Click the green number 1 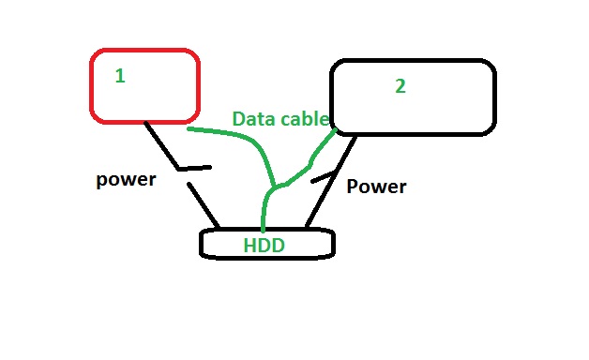120,76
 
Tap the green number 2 400,86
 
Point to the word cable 305,119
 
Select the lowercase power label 126,180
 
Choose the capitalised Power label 376,187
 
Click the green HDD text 264,246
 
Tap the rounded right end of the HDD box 333,243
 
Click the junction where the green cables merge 276,187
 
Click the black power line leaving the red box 161,145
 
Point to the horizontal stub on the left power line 194,169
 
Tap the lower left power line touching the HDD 204,205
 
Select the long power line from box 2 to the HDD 330,182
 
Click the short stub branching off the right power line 323,177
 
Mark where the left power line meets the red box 145,123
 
